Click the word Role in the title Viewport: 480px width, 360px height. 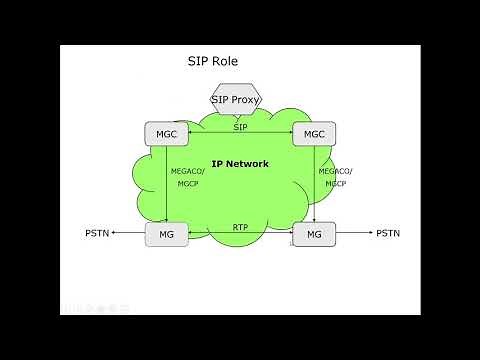click(224, 62)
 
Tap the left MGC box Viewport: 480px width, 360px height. click(166, 133)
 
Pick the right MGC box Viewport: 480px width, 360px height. click(314, 133)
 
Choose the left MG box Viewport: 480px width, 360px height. click(166, 234)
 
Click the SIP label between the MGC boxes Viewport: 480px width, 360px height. click(240, 127)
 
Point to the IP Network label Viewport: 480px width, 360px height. click(240, 164)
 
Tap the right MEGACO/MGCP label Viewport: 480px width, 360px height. click(336, 176)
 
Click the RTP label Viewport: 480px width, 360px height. click(240, 227)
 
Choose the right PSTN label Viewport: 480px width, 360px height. click(387, 234)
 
